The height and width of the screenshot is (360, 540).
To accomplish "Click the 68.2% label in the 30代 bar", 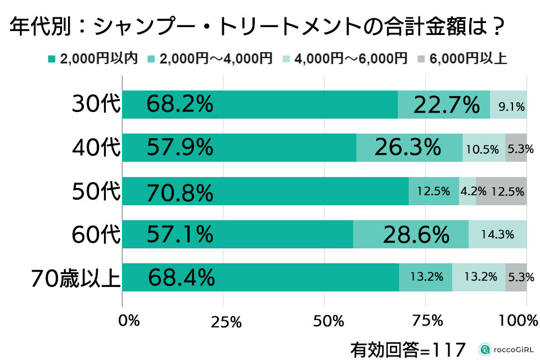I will pos(179,105).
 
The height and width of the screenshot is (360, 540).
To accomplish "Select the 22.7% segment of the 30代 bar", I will pos(446,105).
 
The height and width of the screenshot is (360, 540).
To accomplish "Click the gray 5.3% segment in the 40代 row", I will pos(516,148).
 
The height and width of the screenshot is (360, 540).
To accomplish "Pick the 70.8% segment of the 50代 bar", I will pos(179,192).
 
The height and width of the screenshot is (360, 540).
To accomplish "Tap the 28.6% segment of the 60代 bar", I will pos(416,235).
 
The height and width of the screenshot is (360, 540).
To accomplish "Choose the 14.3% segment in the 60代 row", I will pos(498,234).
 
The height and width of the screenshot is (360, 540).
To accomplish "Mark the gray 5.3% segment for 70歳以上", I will pos(516,277).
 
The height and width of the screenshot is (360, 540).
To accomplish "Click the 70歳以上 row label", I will pos(75,278).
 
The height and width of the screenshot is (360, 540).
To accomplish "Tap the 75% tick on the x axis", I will pos(426,321).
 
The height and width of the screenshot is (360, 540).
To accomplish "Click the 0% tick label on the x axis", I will pos(129,321).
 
